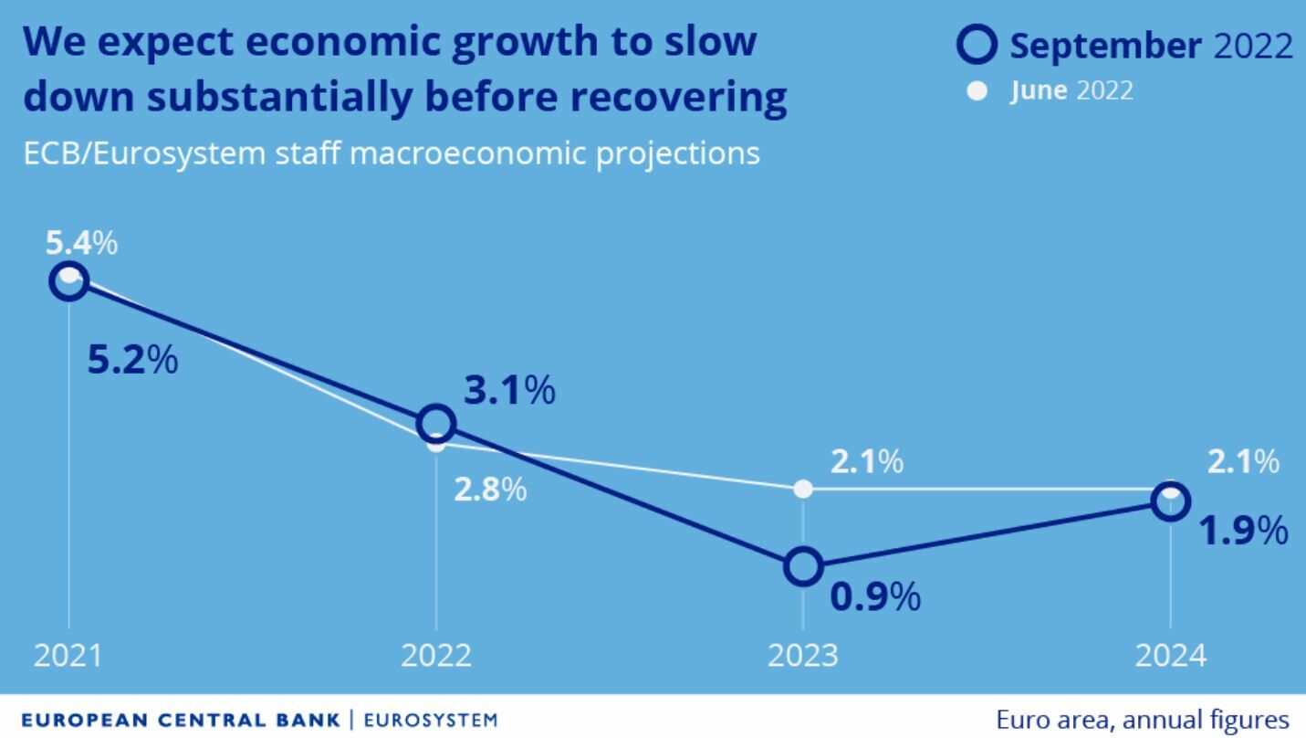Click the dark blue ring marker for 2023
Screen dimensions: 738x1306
(x=803, y=567)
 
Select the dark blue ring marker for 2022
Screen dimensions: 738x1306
(x=436, y=424)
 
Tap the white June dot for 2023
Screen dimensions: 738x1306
(x=803, y=489)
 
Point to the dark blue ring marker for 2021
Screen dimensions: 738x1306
(x=69, y=281)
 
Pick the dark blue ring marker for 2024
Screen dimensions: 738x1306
(x=1171, y=501)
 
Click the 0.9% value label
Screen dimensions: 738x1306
(x=875, y=597)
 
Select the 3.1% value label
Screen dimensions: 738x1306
(x=509, y=391)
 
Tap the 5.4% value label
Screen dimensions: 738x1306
(x=81, y=244)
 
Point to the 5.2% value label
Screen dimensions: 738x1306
(x=132, y=360)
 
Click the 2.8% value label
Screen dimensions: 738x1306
(x=490, y=490)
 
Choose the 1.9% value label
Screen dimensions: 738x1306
(x=1243, y=531)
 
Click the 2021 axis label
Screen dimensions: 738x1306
(x=69, y=656)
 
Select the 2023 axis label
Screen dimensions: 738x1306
(x=803, y=656)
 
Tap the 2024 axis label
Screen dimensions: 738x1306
(x=1171, y=656)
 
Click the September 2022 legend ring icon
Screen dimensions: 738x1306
(x=977, y=45)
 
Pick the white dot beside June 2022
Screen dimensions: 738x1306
(x=977, y=91)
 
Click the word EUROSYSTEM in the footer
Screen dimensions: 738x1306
(x=431, y=720)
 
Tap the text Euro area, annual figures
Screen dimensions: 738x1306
(x=1144, y=720)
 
